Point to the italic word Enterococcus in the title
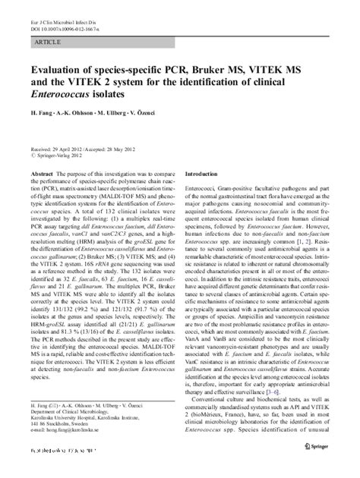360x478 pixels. pyautogui.click(x=62, y=99)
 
